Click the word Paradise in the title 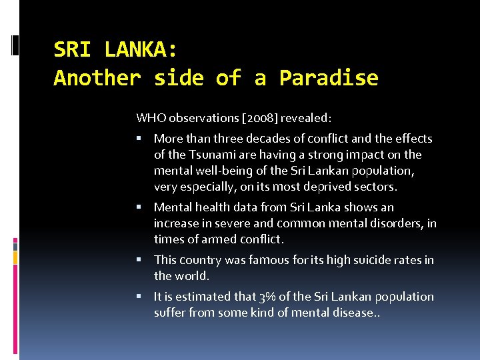coord(329,79)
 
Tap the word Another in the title coord(97,79)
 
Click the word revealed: coord(306,118)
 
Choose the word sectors coord(395,187)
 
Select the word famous coord(269,260)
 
